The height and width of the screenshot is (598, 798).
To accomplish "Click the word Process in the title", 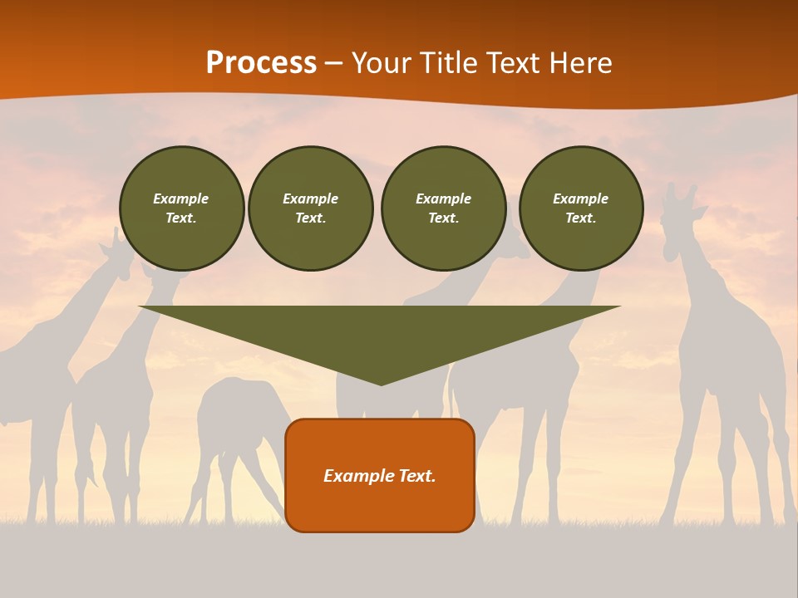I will (x=261, y=63).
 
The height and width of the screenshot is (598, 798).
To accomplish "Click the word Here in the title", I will (x=583, y=63).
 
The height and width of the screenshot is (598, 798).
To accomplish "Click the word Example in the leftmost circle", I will (x=181, y=199).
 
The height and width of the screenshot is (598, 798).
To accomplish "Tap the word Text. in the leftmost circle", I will (x=181, y=218).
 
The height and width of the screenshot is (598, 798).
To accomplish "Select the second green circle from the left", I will (x=311, y=208).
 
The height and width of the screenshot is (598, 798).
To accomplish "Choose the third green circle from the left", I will (x=443, y=208).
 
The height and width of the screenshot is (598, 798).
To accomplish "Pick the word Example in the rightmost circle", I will (x=580, y=199).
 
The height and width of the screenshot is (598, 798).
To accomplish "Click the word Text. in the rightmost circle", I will (x=580, y=218).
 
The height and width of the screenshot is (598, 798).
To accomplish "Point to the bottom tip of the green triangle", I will (x=381, y=383).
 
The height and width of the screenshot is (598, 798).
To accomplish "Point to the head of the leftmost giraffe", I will (x=116, y=249).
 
